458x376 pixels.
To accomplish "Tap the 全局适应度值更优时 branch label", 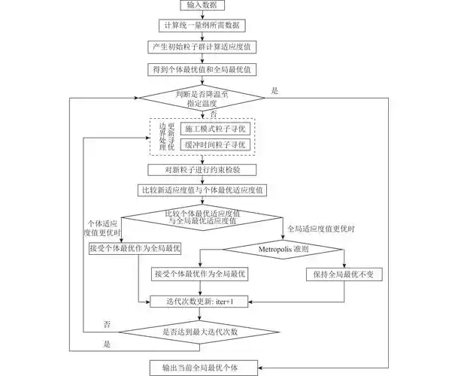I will click(322, 228).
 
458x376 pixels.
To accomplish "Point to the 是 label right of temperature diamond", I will click(275, 90).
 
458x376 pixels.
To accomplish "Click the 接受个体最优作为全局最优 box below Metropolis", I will click(199, 274).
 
